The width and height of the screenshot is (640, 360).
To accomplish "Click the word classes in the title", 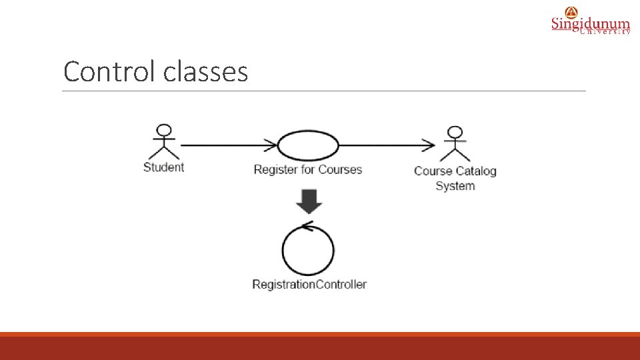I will click(x=205, y=71).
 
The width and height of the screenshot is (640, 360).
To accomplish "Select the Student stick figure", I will click(x=163, y=142).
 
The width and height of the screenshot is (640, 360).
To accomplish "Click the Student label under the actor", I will click(x=163, y=167).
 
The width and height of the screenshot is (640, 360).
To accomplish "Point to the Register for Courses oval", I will click(x=307, y=145).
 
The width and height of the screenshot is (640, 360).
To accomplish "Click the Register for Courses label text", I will click(x=307, y=169).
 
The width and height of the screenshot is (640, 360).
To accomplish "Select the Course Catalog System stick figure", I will click(x=455, y=143).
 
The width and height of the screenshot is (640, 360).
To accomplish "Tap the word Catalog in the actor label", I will click(x=476, y=171).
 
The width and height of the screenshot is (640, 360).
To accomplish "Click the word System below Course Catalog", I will click(x=455, y=186).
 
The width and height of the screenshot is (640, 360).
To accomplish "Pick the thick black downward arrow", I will click(x=308, y=201).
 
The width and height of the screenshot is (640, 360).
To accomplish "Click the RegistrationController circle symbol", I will click(x=308, y=251).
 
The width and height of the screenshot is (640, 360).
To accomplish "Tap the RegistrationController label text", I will click(x=309, y=285).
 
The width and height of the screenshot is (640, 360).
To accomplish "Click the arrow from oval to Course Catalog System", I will click(x=387, y=145).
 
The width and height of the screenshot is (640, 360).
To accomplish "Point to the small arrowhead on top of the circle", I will click(x=307, y=225).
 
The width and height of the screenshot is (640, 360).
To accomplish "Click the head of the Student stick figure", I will click(x=163, y=130).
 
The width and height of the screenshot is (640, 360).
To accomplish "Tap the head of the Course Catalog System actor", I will click(x=455, y=131).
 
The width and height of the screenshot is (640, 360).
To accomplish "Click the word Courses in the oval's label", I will click(x=340, y=169).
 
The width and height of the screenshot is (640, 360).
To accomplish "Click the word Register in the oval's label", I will click(x=275, y=169).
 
